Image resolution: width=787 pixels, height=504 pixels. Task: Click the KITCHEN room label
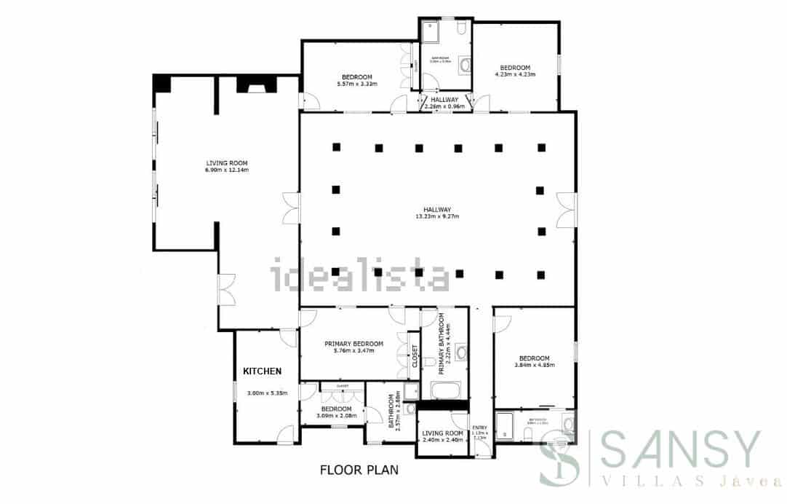click(262, 371)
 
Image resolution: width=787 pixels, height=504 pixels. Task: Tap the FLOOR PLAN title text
click(359, 470)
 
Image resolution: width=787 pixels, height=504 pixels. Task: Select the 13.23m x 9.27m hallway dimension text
click(436, 216)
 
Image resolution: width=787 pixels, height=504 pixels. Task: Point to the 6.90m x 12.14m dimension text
click(227, 170)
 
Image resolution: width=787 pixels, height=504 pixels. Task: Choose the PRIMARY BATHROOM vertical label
click(443, 344)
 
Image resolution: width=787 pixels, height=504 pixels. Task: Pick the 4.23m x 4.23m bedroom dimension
click(515, 74)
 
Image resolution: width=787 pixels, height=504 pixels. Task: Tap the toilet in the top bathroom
click(462, 29)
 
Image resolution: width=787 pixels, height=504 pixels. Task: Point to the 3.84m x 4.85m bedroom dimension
click(535, 365)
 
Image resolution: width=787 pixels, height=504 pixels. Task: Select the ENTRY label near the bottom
click(480, 428)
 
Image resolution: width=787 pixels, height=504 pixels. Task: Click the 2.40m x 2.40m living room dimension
click(443, 440)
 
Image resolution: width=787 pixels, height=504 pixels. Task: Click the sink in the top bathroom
click(465, 66)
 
